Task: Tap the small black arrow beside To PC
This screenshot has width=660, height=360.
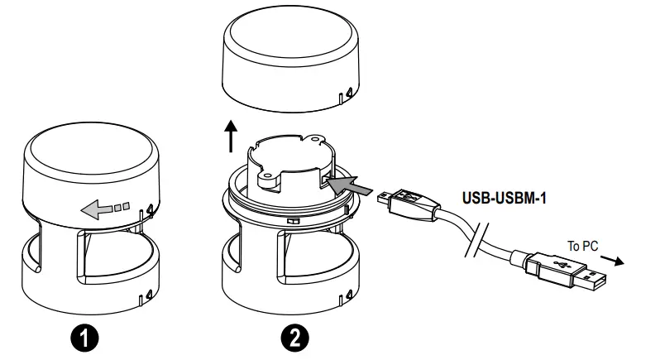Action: (x=612, y=257)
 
